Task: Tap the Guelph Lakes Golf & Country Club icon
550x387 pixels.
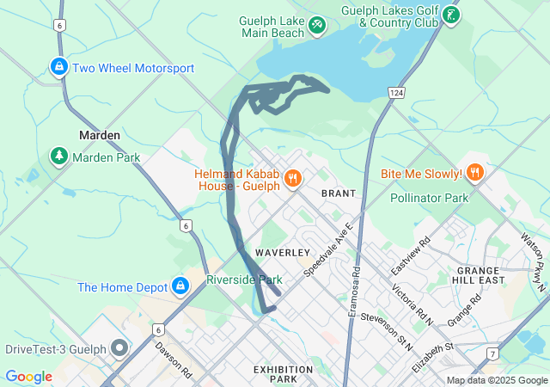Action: (x=451, y=15)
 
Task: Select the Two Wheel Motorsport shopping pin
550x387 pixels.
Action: (x=58, y=67)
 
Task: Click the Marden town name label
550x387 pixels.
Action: (x=100, y=135)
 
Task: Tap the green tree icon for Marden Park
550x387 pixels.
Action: (x=58, y=157)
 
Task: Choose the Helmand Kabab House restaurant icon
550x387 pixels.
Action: (x=293, y=178)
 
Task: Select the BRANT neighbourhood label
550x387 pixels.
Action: (x=338, y=193)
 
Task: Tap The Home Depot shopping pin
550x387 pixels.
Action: (x=180, y=286)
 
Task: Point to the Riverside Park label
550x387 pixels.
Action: (x=244, y=279)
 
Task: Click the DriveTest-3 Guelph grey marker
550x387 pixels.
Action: (x=119, y=348)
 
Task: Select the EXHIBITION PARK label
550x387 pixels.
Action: (x=283, y=374)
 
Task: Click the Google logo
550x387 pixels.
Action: (x=28, y=376)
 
